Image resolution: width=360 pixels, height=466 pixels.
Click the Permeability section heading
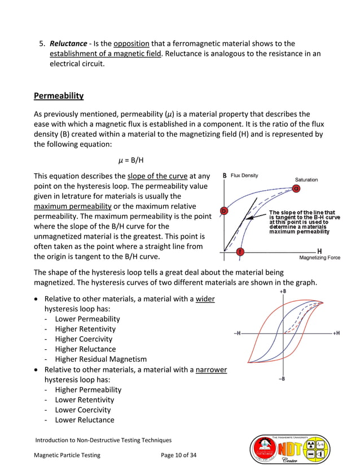click(59, 95)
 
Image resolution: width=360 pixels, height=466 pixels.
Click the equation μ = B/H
click(130, 160)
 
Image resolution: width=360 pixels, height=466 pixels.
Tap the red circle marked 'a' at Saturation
click(296, 188)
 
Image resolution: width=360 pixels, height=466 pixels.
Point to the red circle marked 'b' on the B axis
click(224, 211)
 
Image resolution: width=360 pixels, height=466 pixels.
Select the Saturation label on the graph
click(306, 179)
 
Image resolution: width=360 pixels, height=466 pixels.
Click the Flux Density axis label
click(244, 175)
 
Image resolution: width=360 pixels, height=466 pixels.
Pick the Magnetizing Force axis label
click(319, 258)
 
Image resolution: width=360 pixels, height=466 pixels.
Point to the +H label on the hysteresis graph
click(335, 333)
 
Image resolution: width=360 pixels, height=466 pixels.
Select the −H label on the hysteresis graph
click(238, 333)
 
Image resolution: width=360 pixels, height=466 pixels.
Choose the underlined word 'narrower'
click(211, 370)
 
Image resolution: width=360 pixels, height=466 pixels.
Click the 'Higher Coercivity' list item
click(84, 339)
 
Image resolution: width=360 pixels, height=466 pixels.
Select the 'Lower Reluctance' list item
click(84, 420)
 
